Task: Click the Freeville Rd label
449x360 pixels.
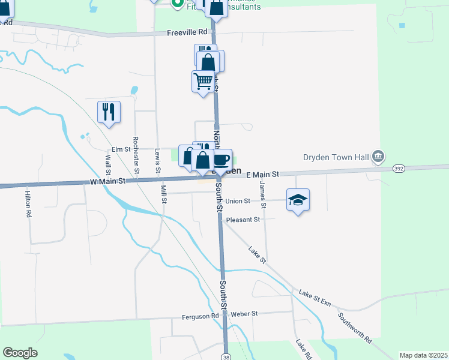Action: point(187,31)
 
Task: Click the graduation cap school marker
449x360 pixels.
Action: point(298,200)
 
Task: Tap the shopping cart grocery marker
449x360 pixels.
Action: point(203,80)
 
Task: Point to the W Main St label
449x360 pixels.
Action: point(108,181)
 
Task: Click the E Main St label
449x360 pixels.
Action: point(263,174)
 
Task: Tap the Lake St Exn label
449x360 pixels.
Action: point(315,297)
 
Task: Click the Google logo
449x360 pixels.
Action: point(20,353)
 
